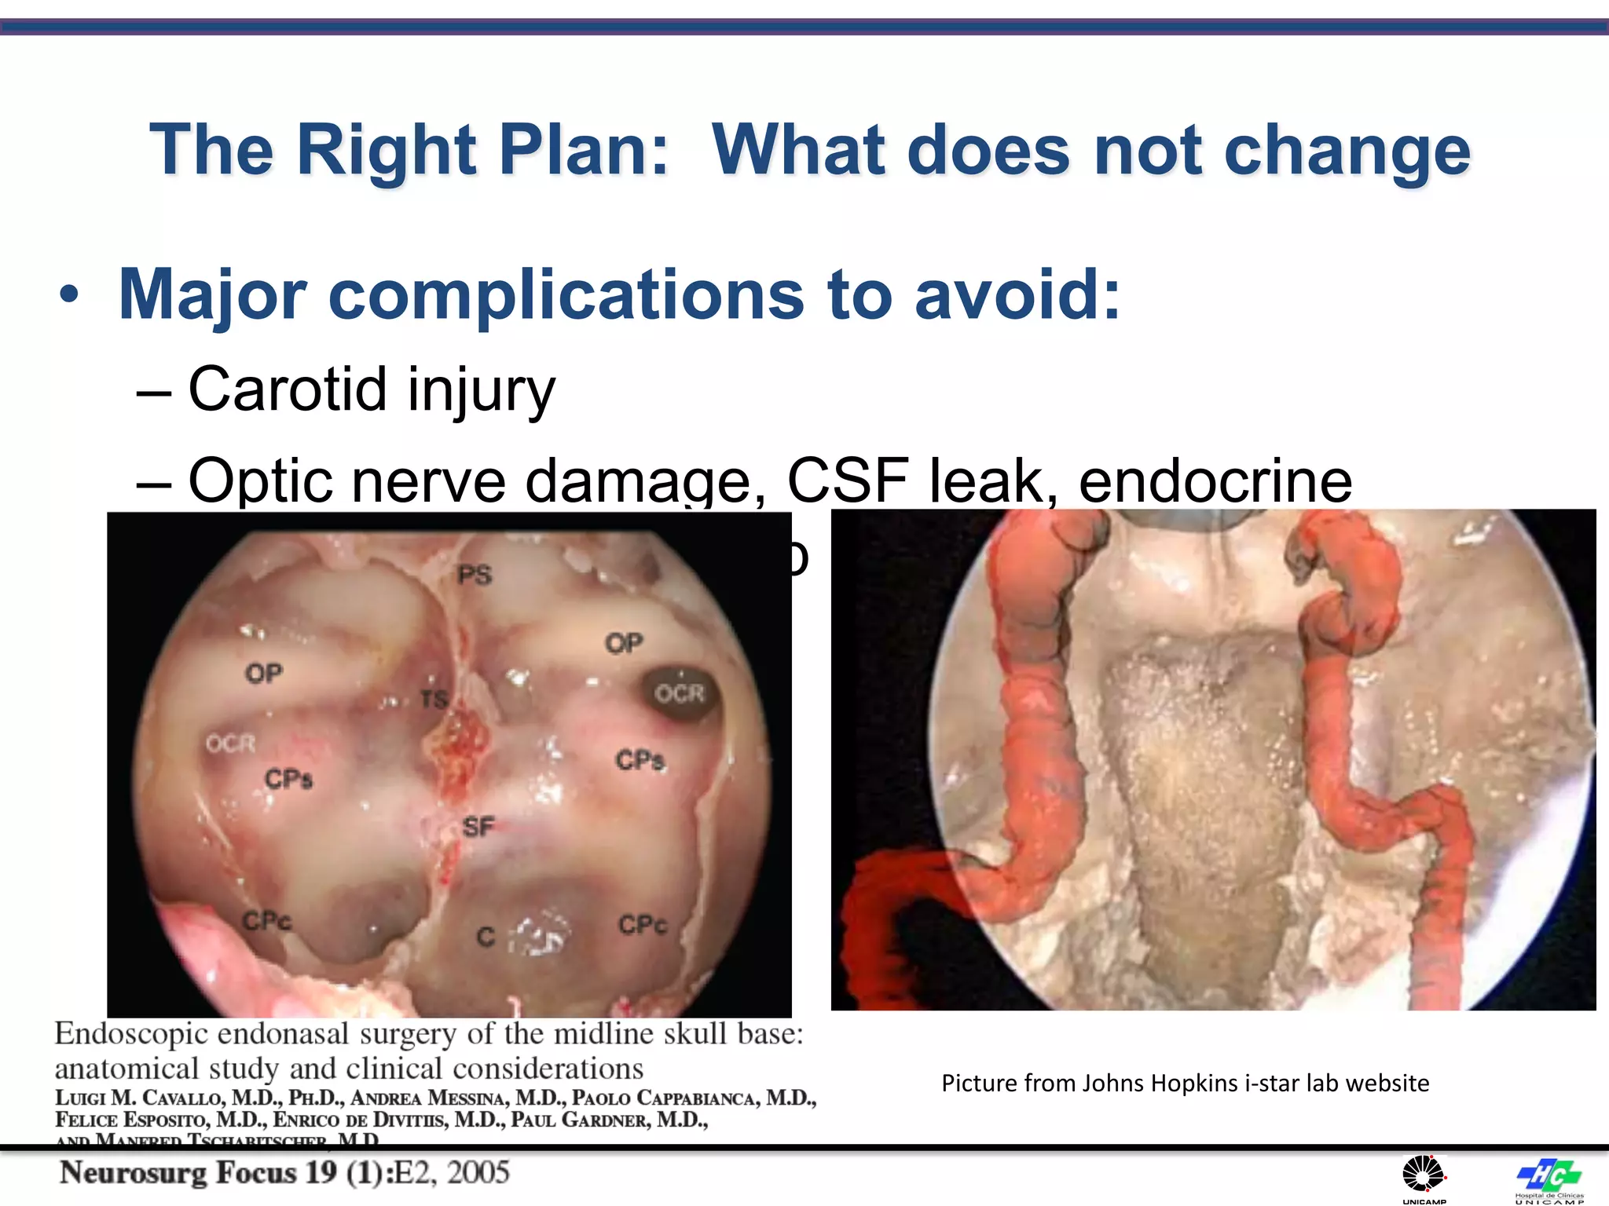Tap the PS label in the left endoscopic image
(475, 576)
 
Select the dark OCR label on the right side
(680, 694)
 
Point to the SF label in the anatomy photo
(478, 827)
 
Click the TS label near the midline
(434, 699)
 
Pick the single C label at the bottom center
(486, 937)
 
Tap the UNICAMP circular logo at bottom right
(1424, 1176)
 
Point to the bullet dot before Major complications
(69, 296)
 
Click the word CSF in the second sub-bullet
(848, 480)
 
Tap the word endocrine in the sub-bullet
(1215, 480)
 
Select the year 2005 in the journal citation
(478, 1172)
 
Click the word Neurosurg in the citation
(133, 1172)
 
